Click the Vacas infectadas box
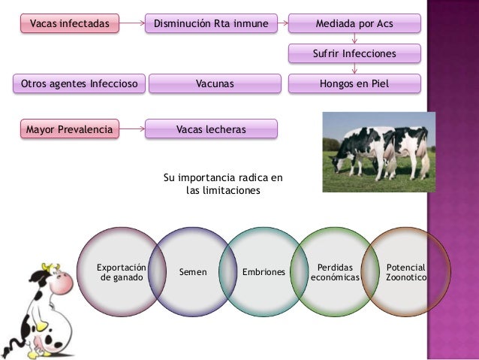tap(68, 24)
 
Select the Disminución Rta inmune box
tap(211, 24)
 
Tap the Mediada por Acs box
tap(354, 24)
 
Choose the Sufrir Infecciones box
tap(354, 54)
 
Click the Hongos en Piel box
tap(354, 84)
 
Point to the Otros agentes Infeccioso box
tap(79, 84)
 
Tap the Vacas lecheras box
tap(211, 129)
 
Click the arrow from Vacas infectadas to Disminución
tap(131, 24)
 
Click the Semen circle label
tap(193, 271)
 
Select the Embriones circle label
tap(264, 271)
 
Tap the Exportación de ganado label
tap(121, 272)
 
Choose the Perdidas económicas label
tap(335, 272)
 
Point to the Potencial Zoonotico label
tap(405, 272)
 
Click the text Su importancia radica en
tap(223, 178)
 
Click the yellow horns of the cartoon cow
tap(50, 267)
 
